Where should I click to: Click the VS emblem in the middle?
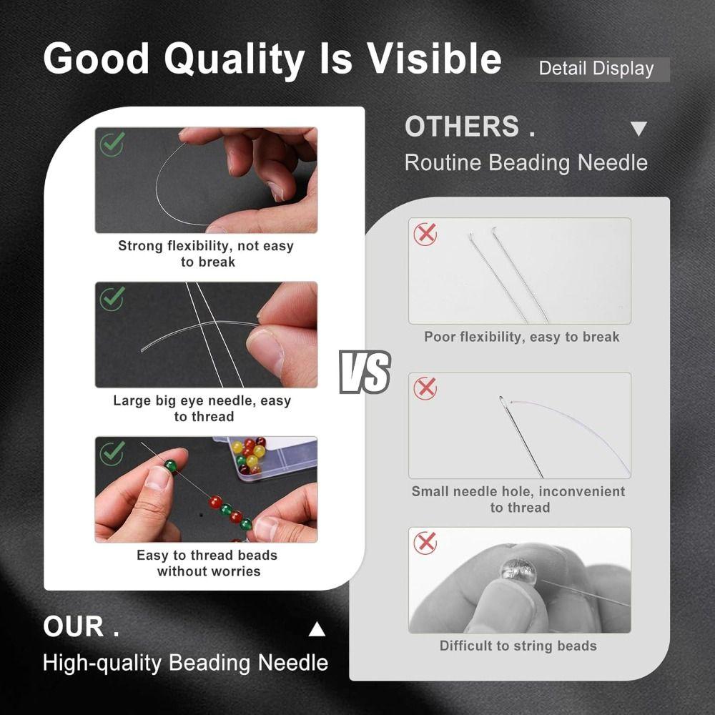[365, 372]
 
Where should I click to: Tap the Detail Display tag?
[596, 69]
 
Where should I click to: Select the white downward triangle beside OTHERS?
[638, 129]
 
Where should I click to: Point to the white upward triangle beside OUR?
[317, 630]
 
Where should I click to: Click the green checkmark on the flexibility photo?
[112, 144]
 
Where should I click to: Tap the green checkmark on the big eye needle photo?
[112, 298]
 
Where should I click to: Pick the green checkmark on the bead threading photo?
[112, 453]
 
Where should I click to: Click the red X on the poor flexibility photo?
[425, 234]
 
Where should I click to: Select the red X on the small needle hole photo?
[425, 388]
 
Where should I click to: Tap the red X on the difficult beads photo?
[425, 543]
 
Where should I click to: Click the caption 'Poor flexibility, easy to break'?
[521, 337]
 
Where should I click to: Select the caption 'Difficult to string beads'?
[518, 646]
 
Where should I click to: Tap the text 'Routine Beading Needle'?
[526, 162]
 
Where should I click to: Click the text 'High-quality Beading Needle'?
[185, 662]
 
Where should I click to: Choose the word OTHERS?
[462, 127]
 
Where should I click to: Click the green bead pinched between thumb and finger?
[170, 465]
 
